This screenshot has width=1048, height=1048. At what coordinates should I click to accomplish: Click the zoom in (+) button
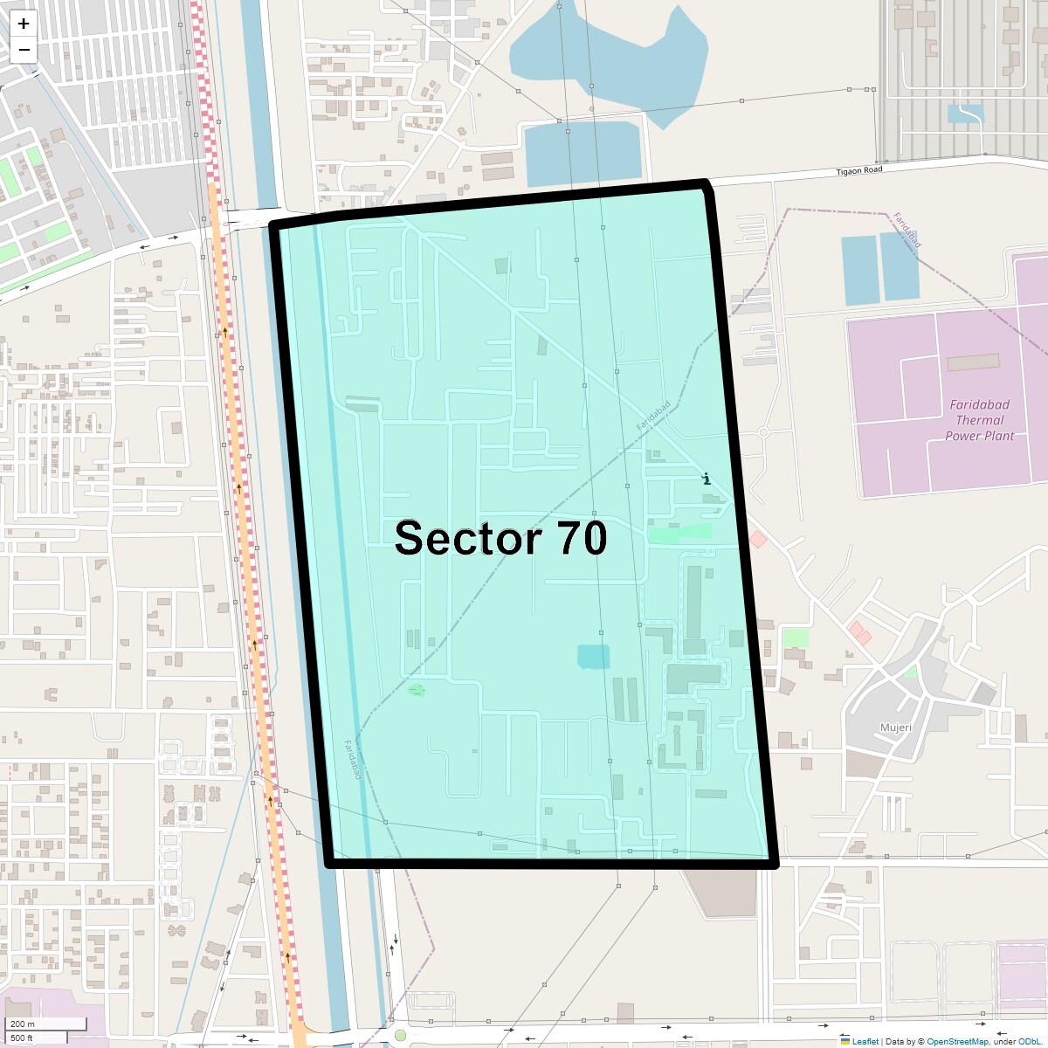(x=24, y=24)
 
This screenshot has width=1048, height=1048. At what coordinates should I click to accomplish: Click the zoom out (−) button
(x=24, y=50)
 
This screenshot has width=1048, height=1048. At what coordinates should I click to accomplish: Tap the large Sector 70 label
(x=500, y=538)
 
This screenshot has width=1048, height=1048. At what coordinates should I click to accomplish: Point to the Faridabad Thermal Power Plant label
(x=979, y=420)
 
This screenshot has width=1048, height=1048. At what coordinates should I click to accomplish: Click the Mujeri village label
(x=896, y=727)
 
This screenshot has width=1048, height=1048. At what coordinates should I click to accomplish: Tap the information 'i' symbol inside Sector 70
(x=707, y=479)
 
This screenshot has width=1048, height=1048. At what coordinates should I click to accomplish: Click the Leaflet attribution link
(x=865, y=1041)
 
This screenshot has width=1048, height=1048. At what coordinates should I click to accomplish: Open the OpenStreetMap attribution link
(x=957, y=1041)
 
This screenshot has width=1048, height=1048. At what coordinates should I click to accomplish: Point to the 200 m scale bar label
(x=23, y=1024)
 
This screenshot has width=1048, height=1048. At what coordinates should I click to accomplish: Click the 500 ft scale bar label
(x=22, y=1038)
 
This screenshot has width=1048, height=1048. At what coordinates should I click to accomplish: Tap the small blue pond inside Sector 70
(x=594, y=657)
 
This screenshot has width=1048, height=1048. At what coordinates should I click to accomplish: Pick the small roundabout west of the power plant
(x=763, y=432)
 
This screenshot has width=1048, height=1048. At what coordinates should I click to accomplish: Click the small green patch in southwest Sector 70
(x=417, y=691)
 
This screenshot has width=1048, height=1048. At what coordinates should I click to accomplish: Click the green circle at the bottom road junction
(x=401, y=1036)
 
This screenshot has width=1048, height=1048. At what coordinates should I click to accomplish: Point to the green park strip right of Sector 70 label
(x=679, y=532)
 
